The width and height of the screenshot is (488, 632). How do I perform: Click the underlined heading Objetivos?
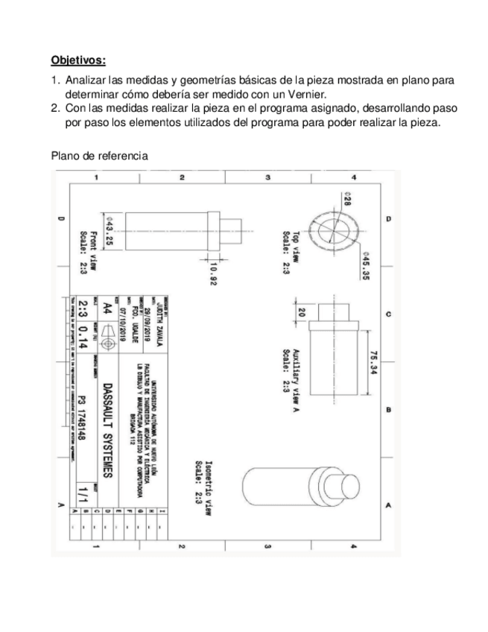tap(78, 59)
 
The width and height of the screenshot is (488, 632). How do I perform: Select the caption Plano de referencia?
tap(98, 156)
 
